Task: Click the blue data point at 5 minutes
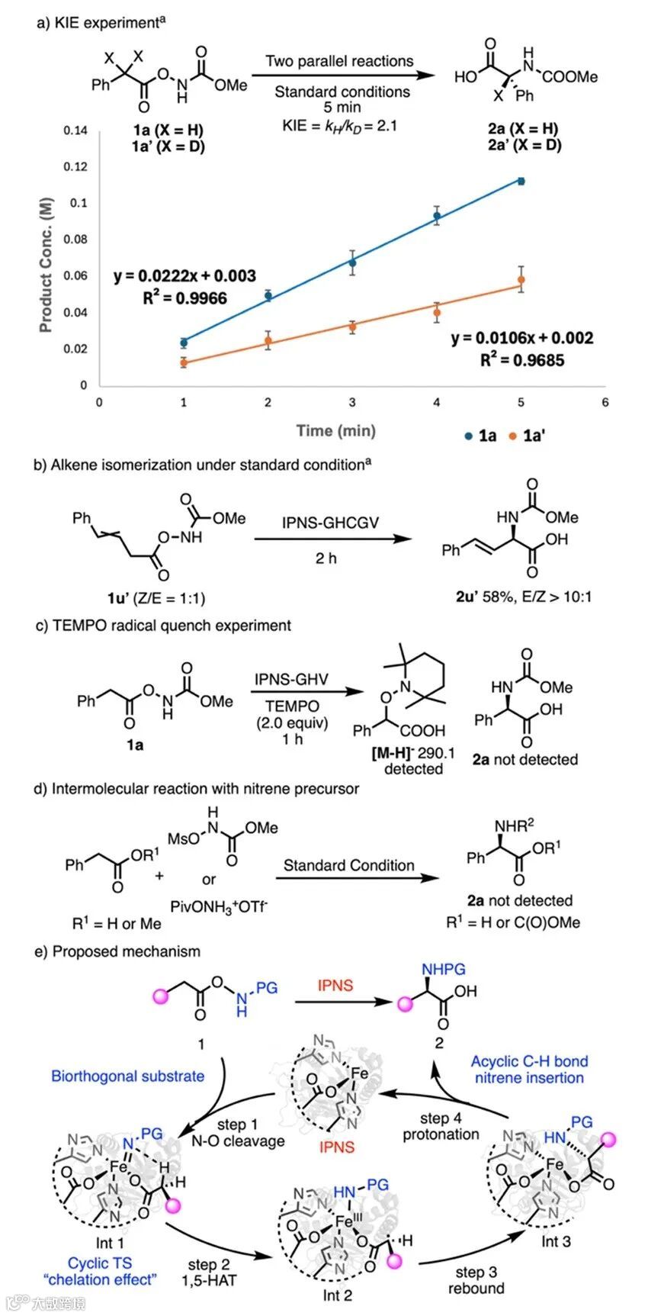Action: [x=521, y=181]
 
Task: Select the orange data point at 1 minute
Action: [x=184, y=362]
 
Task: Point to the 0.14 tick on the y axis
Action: [x=75, y=130]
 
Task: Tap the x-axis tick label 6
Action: [x=605, y=402]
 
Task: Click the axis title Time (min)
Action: [x=336, y=431]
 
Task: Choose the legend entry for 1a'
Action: [x=528, y=436]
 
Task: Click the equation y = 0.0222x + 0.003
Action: [x=185, y=275]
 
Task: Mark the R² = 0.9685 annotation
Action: [x=522, y=359]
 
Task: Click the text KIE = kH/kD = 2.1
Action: [x=340, y=125]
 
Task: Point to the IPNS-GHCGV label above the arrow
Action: [x=330, y=523]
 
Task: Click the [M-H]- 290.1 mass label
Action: [x=412, y=753]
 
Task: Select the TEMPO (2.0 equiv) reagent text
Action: [x=292, y=715]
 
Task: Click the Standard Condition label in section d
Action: [x=349, y=865]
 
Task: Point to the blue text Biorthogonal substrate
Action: [x=128, y=1076]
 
